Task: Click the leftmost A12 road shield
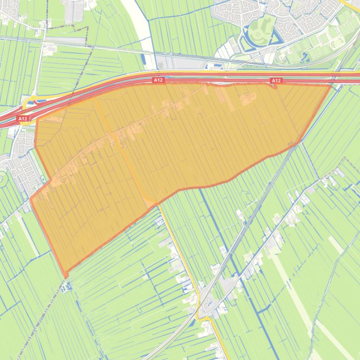[x=23, y=119]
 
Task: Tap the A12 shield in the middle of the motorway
[x=158, y=80]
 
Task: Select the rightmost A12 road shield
[x=276, y=81]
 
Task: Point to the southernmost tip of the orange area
[x=66, y=274]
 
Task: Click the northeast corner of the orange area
[x=331, y=86]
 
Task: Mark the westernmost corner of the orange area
[x=31, y=200]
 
